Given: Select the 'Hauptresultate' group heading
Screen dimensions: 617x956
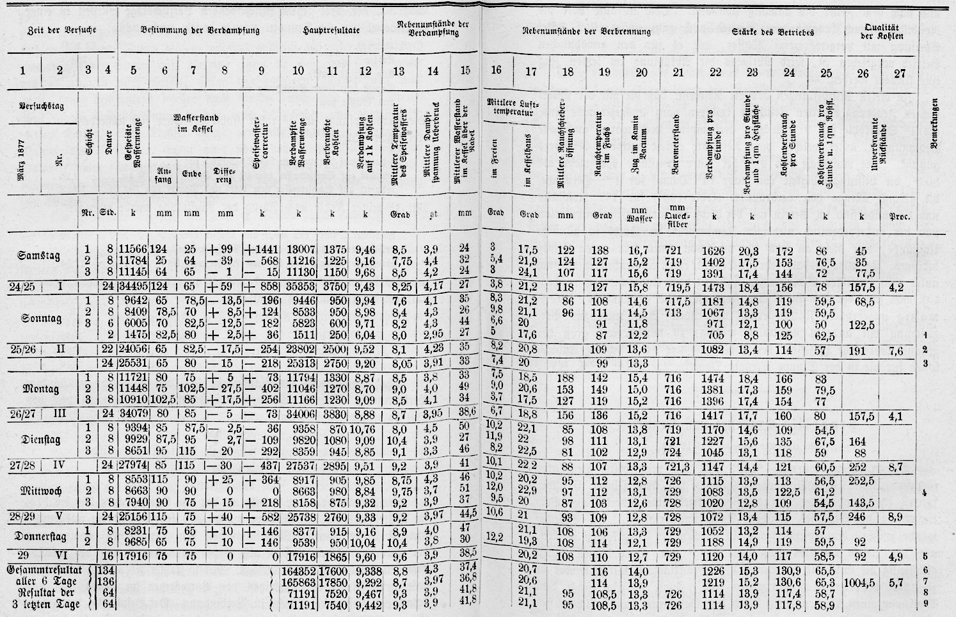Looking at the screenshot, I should point(332,30).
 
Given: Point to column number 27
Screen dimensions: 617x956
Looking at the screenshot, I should point(900,72).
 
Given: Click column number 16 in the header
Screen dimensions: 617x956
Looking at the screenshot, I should point(497,70).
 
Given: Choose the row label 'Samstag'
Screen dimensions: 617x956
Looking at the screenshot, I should point(39,255).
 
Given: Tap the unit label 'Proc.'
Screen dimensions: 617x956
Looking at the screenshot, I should point(900,216).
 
